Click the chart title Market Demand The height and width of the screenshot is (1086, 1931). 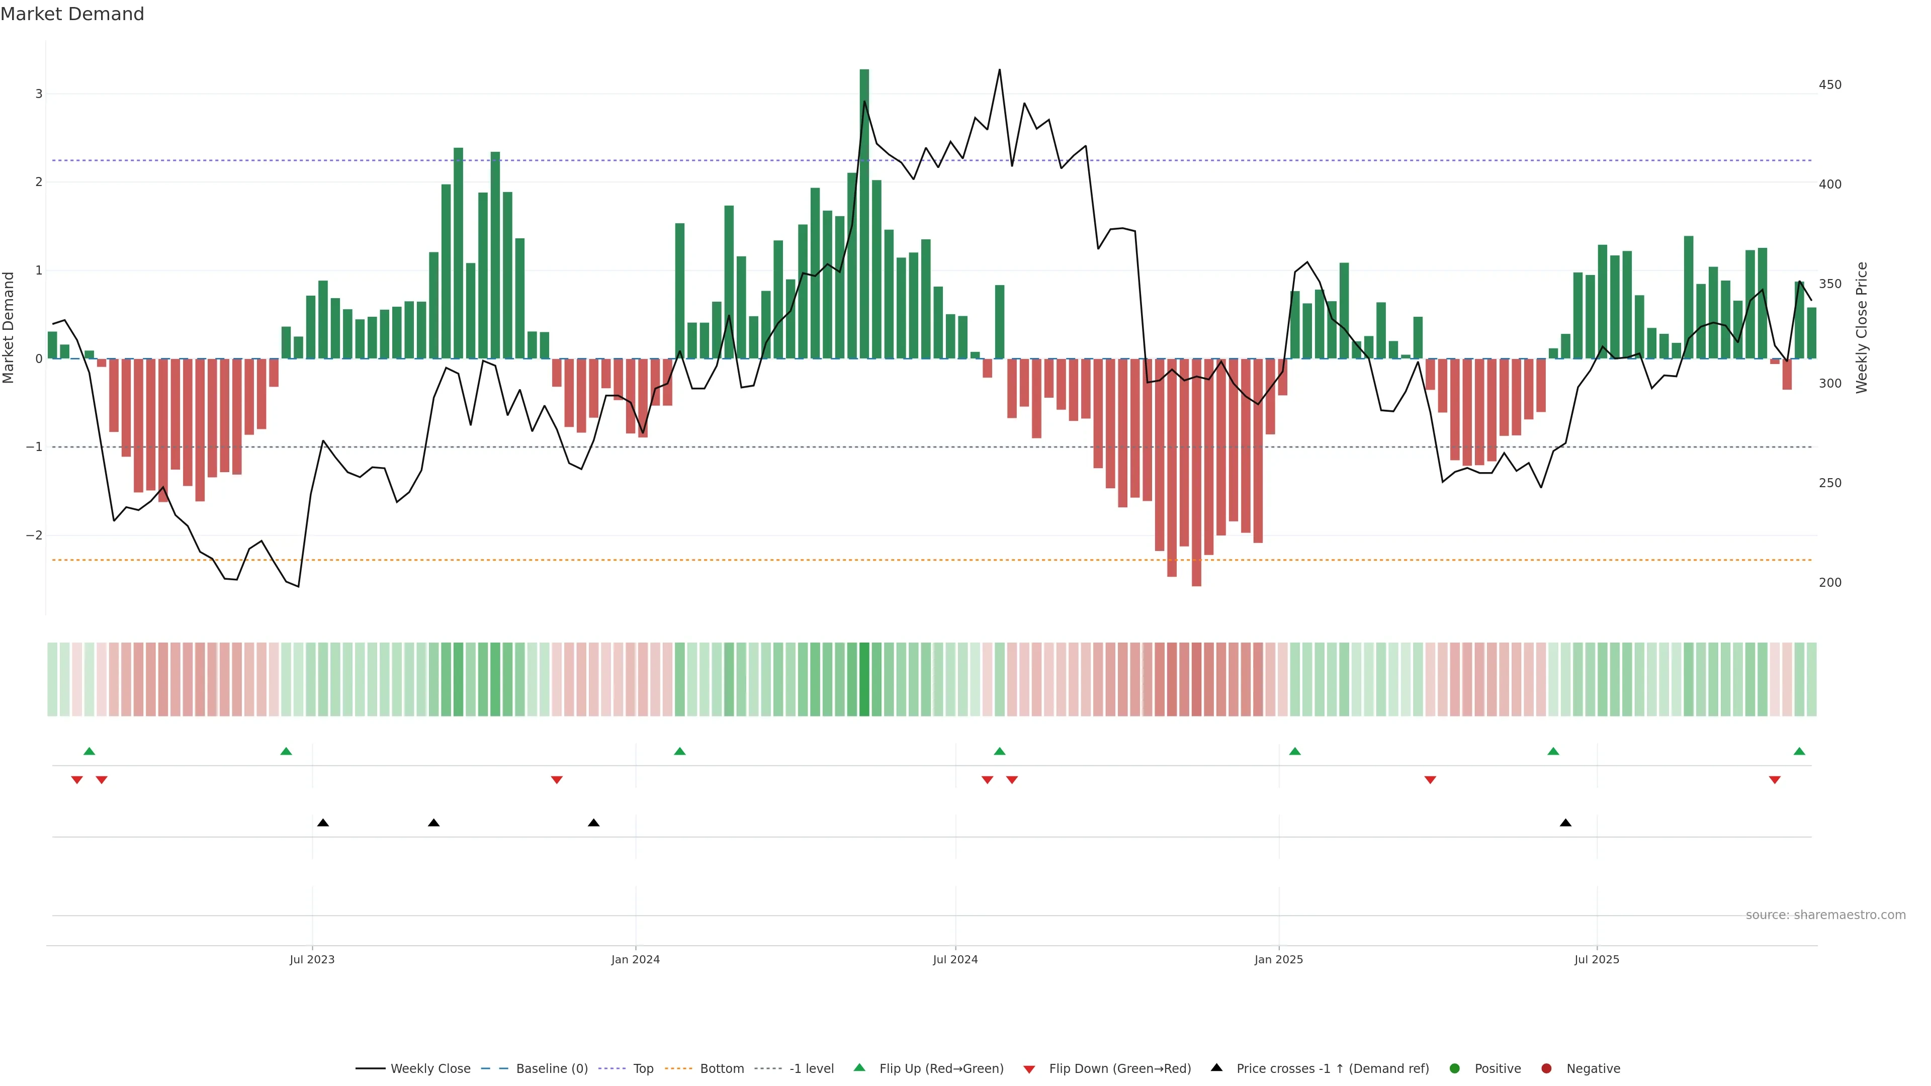[72, 14]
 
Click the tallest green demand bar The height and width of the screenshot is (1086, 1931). [864, 214]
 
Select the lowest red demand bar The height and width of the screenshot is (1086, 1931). [1196, 472]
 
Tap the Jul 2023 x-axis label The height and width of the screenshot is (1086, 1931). [312, 959]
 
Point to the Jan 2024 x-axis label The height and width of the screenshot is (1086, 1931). [635, 959]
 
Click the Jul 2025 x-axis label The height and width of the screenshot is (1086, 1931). [1597, 959]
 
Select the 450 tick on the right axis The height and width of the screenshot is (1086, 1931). [1830, 84]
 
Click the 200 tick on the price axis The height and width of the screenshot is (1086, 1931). [1830, 582]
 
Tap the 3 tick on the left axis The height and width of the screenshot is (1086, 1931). [39, 94]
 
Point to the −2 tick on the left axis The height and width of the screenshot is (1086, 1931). [35, 535]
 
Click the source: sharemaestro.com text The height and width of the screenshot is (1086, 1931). [1825, 915]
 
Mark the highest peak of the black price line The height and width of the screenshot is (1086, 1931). [999, 70]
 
